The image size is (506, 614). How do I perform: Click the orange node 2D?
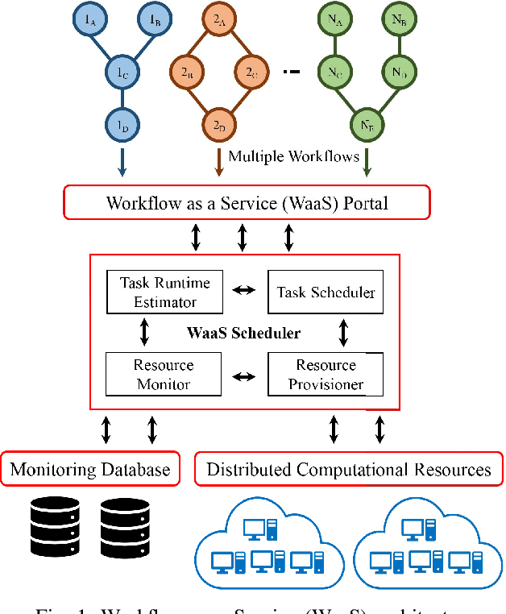(x=218, y=125)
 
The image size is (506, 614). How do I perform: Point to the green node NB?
(x=397, y=20)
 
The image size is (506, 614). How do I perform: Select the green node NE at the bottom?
(x=366, y=125)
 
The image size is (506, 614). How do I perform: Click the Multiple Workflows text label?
(x=293, y=156)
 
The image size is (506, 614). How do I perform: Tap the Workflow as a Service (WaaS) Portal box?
(x=247, y=202)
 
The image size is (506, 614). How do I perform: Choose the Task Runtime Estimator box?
(x=164, y=292)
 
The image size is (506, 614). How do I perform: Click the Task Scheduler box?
(x=326, y=292)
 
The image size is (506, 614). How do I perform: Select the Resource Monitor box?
(x=164, y=374)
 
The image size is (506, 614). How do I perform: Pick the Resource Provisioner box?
(x=326, y=374)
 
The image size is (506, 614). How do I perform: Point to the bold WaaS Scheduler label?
(x=244, y=333)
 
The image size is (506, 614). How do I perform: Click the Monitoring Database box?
(x=90, y=469)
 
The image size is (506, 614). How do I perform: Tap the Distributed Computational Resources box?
(x=349, y=469)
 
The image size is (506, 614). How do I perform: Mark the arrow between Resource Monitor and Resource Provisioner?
(x=244, y=375)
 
